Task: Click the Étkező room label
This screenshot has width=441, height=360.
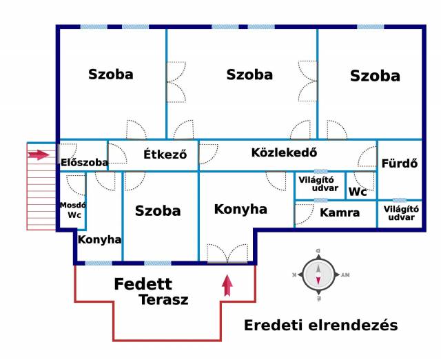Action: [165, 154]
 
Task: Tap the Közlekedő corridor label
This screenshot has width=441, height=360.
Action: [284, 152]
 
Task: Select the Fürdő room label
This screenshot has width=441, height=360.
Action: [400, 164]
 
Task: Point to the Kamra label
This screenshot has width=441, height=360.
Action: [340, 212]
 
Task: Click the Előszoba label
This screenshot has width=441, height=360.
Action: [84, 163]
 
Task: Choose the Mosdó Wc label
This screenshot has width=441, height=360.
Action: [73, 210]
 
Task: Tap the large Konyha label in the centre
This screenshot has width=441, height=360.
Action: [240, 209]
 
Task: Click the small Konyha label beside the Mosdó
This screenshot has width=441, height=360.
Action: [99, 240]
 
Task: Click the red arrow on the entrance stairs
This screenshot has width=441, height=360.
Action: [39, 155]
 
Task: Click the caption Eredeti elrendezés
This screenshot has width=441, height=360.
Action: [320, 326]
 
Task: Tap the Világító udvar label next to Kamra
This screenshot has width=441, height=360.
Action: [400, 212]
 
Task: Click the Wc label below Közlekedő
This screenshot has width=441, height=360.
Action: [358, 192]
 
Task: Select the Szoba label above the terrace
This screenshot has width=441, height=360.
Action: [158, 211]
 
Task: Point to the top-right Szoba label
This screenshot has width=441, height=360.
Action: [375, 76]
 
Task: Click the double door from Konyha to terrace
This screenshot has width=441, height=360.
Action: [227, 253]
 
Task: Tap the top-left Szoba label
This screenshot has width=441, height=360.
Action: [110, 74]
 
